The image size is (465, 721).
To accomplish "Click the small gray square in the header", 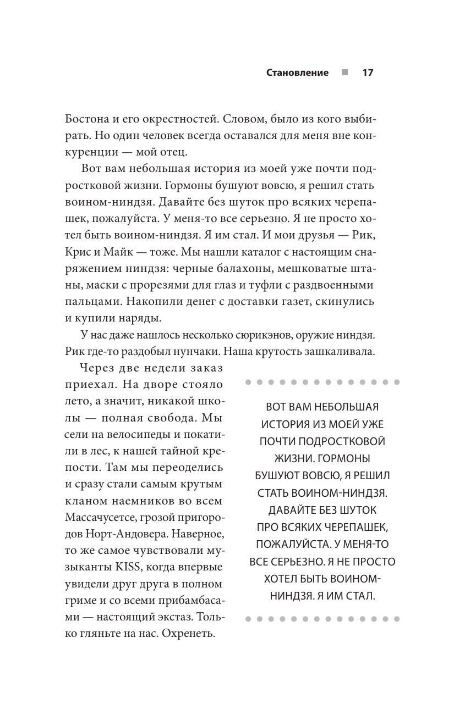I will (344, 73).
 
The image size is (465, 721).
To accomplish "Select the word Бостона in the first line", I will (88, 119).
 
